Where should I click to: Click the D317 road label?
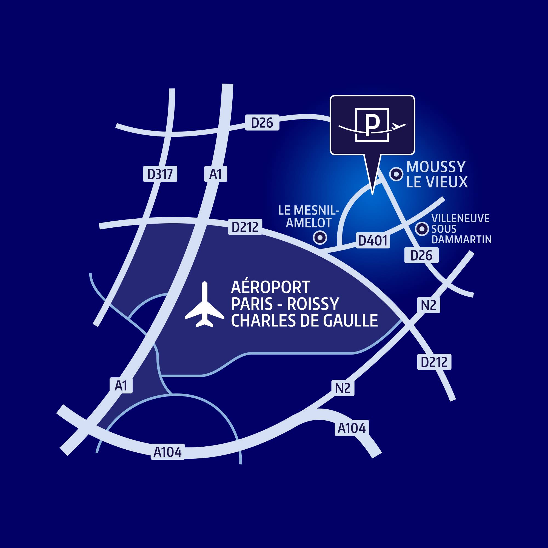(160, 174)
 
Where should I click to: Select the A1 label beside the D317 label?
(216, 174)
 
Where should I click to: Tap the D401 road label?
(373, 240)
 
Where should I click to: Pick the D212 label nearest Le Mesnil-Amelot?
(245, 227)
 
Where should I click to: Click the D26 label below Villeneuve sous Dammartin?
(421, 255)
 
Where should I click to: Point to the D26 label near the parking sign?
(262, 122)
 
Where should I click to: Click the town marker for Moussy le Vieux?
(396, 174)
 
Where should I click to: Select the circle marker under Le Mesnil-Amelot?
(320, 237)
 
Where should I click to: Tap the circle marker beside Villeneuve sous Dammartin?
(422, 229)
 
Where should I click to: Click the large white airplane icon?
(204, 304)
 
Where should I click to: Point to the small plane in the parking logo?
(398, 126)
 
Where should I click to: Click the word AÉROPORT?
(271, 287)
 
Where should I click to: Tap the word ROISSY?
(313, 304)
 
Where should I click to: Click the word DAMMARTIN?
(461, 240)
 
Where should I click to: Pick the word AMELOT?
(309, 223)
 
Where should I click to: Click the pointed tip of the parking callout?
(372, 195)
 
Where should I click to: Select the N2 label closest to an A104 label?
(343, 388)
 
